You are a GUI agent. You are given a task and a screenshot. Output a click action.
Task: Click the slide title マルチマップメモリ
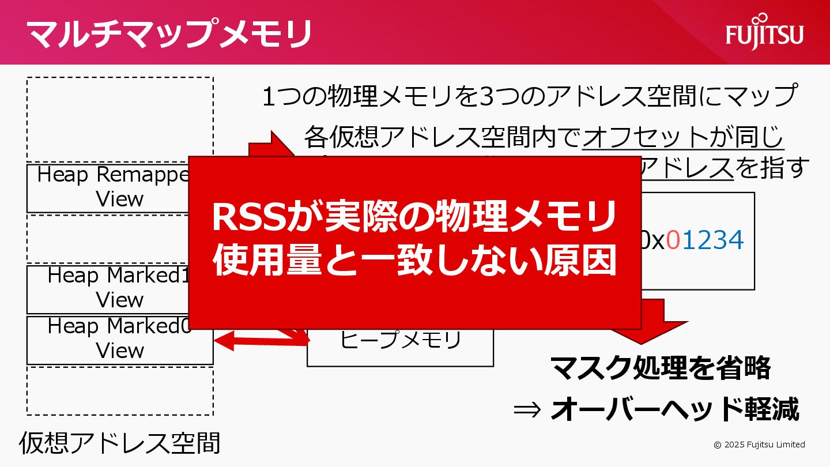click(169, 33)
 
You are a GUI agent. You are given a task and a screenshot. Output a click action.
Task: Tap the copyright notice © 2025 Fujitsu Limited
click(759, 445)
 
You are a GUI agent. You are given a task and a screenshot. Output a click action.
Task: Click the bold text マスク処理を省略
click(660, 368)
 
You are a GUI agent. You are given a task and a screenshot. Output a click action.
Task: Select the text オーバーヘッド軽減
click(674, 409)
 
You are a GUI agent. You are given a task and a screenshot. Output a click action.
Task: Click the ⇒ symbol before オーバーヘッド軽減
click(528, 409)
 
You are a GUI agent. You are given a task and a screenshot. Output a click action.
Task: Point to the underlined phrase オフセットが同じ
click(684, 138)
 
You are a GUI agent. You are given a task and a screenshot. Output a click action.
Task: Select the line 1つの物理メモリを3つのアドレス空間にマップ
click(529, 96)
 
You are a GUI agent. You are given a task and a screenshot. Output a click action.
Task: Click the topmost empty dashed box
click(120, 119)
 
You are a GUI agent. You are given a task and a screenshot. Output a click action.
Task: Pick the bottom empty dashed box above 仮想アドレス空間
click(120, 391)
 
